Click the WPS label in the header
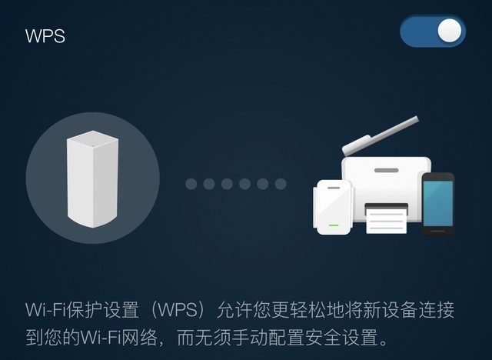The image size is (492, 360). coord(45,36)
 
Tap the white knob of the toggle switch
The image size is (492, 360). coord(450,31)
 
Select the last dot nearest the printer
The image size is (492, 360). coord(281,184)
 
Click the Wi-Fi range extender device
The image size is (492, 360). coord(333,206)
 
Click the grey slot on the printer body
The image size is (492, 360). coord(386,170)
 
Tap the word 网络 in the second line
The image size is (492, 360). coord(145,337)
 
